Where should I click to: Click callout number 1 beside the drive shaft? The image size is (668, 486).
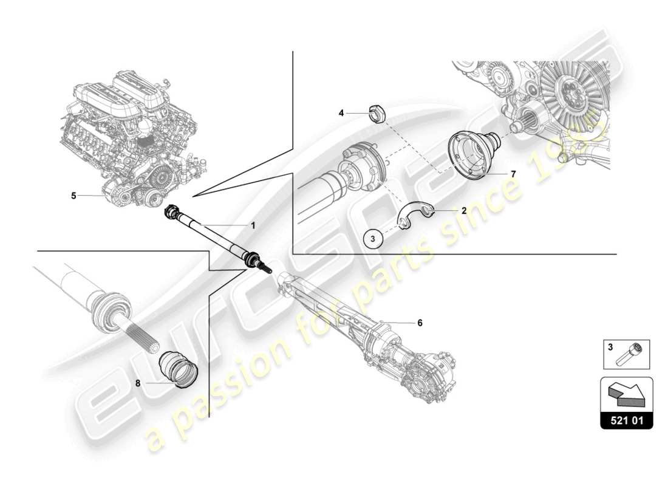pyautogui.click(x=253, y=225)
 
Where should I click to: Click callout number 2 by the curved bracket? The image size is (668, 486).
pyautogui.click(x=463, y=211)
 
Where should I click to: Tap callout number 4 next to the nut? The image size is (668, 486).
pyautogui.click(x=341, y=112)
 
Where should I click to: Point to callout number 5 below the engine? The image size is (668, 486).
pyautogui.click(x=73, y=196)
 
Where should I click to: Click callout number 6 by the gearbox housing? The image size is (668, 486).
pyautogui.click(x=420, y=323)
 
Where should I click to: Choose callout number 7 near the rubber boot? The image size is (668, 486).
pyautogui.click(x=513, y=174)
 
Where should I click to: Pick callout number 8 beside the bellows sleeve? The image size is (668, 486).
pyautogui.click(x=138, y=383)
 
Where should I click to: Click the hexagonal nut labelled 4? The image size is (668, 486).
pyautogui.click(x=375, y=114)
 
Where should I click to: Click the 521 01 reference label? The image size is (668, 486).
pyautogui.click(x=626, y=419)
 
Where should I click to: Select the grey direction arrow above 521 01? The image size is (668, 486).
pyautogui.click(x=626, y=393)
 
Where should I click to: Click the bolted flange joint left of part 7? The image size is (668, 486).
pyautogui.click(x=364, y=173)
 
